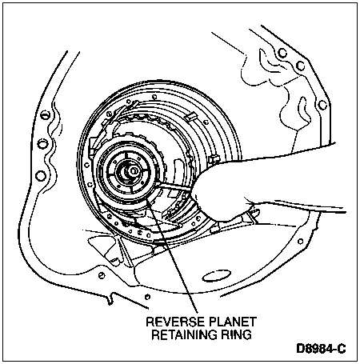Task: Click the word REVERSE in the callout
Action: [x=174, y=322]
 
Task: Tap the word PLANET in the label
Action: [x=232, y=322]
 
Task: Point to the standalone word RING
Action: [x=236, y=334]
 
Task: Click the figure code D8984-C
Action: [x=321, y=349]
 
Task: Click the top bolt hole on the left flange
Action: [x=45, y=115]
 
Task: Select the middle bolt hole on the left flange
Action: [x=42, y=144]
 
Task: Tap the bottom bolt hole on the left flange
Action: [x=40, y=176]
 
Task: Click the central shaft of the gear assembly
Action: [x=133, y=170]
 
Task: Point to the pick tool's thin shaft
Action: [x=174, y=186]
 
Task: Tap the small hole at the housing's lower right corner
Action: [x=301, y=242]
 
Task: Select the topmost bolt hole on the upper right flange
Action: [x=282, y=53]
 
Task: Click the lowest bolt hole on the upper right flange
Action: [x=322, y=104]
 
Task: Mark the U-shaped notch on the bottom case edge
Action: [x=111, y=298]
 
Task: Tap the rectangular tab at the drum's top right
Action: [x=191, y=117]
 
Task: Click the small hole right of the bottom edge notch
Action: [x=147, y=297]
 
